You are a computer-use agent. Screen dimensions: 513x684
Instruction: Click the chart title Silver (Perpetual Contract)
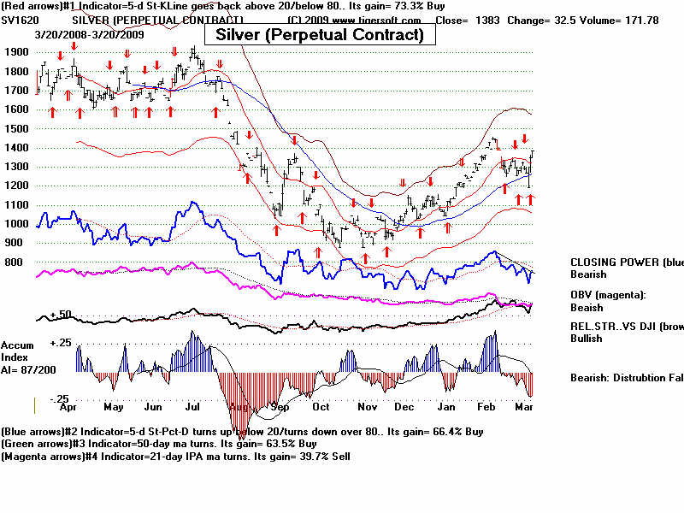pos(320,34)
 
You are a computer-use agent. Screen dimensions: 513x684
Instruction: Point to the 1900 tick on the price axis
pos(16,51)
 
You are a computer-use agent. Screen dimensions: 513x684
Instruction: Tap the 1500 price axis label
pos(16,128)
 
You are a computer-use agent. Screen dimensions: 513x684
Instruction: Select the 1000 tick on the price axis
pos(16,224)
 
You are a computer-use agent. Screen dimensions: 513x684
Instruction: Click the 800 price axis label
pos(16,262)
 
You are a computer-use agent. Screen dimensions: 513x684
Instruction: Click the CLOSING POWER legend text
pos(626,262)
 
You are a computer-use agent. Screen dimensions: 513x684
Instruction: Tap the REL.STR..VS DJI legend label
pos(626,327)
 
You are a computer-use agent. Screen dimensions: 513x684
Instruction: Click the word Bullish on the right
pos(587,339)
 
